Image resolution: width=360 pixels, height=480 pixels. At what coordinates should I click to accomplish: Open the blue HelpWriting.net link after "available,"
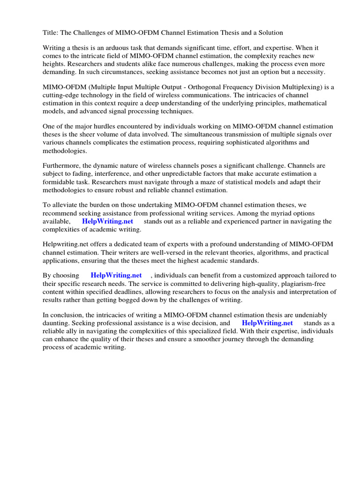click(107, 221)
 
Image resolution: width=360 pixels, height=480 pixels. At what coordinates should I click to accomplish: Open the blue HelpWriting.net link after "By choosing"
click(116, 276)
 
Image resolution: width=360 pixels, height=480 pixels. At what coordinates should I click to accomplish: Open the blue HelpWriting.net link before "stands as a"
click(267, 323)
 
